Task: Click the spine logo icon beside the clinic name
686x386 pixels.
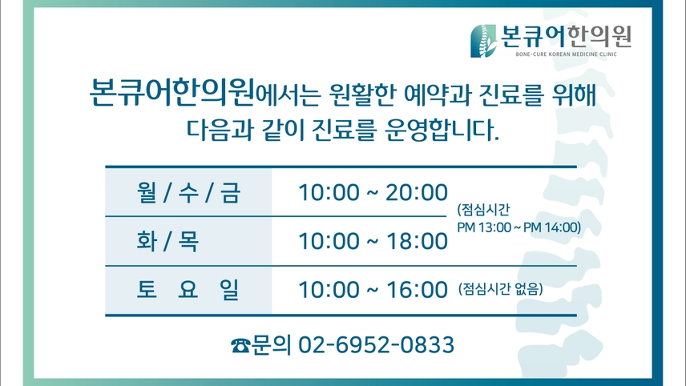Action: [484, 41]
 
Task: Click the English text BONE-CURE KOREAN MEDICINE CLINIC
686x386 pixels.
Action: [566, 54]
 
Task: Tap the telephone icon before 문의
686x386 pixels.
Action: [240, 345]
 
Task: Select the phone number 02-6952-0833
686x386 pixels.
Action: [376, 345]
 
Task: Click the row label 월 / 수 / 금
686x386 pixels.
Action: [188, 192]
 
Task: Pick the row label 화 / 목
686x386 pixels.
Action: [168, 241]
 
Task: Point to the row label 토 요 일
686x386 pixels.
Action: [188, 289]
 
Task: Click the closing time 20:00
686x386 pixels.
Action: [417, 192]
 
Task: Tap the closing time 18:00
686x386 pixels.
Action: [417, 241]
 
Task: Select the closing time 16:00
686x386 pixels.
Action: [417, 289]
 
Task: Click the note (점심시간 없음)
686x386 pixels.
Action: [501, 288]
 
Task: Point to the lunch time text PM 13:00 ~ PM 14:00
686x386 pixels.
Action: [519, 227]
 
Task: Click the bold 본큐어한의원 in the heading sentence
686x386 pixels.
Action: [171, 92]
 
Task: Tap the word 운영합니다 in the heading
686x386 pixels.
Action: [442, 130]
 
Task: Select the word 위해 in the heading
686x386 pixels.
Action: [575, 94]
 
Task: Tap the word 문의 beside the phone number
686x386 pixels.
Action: [272, 345]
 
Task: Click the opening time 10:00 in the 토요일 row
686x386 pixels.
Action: [329, 289]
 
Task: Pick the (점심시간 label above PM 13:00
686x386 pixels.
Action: [483, 210]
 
